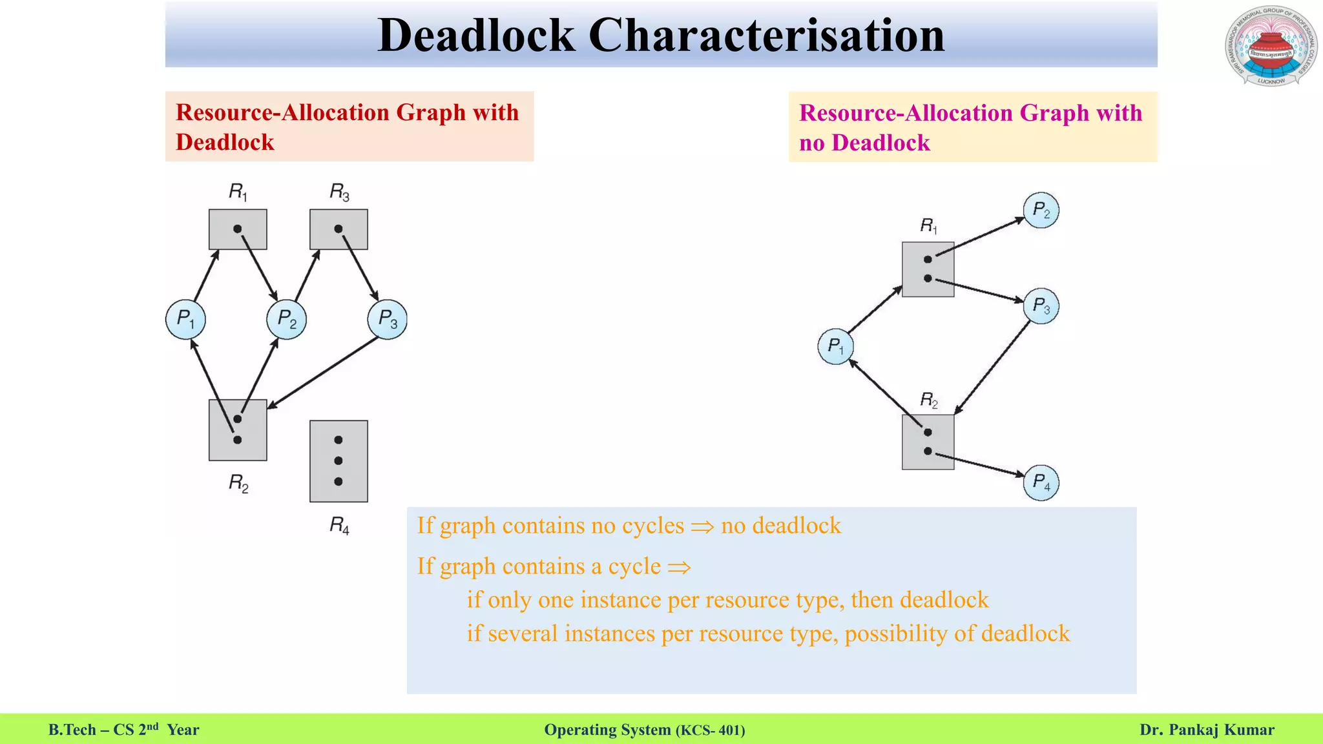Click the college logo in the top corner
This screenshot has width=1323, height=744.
1270,46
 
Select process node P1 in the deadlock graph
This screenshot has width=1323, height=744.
185,319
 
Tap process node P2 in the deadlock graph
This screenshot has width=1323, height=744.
286,319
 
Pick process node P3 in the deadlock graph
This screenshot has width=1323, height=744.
387,319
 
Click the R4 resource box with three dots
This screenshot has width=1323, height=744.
339,461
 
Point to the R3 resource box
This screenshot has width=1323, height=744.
339,229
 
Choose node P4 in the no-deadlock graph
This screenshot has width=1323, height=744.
1041,482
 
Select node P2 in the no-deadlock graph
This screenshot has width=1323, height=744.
1041,210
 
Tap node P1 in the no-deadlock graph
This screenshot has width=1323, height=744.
835,347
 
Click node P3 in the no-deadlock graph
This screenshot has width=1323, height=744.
1041,305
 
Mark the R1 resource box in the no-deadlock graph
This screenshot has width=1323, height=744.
928,269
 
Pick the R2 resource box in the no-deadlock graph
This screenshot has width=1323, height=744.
928,442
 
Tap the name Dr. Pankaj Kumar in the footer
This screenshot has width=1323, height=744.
1207,730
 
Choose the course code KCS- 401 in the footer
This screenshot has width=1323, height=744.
710,730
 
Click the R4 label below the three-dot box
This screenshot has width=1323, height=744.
339,526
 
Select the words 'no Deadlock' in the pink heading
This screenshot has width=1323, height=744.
864,143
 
